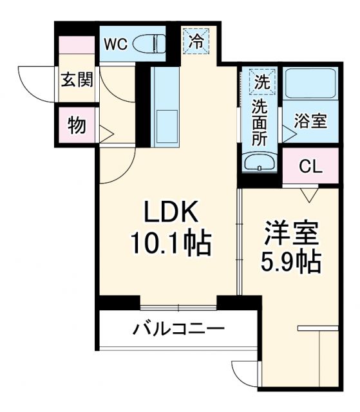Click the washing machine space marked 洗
(260, 82)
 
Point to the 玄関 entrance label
(77, 80)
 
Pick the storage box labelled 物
(77, 126)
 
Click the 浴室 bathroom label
(310, 121)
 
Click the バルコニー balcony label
(179, 330)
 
